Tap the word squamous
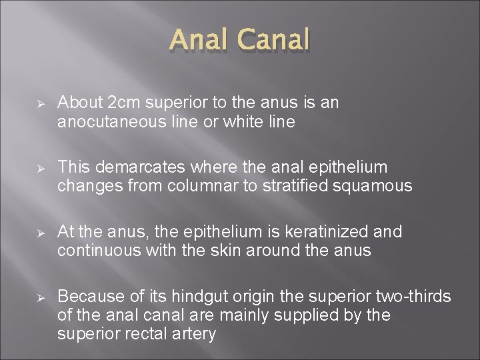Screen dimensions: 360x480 (x=378, y=186)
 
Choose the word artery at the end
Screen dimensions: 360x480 (x=195, y=333)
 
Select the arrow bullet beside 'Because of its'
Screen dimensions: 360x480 (x=41, y=297)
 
